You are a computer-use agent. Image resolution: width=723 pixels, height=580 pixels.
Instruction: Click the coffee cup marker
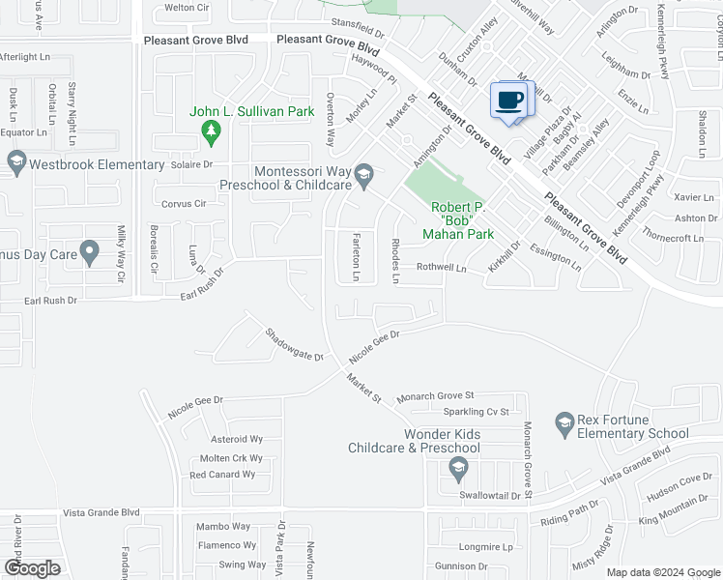[x=509, y=100]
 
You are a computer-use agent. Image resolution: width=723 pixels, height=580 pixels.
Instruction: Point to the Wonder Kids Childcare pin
[x=458, y=469]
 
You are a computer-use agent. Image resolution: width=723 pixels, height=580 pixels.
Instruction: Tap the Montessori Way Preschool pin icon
[x=364, y=174]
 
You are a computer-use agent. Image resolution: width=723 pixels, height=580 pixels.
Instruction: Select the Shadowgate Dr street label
[x=294, y=344]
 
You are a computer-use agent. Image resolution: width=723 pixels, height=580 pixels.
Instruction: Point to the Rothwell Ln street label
[x=442, y=267]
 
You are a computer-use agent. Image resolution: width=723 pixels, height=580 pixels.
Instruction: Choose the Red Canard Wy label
[x=222, y=475]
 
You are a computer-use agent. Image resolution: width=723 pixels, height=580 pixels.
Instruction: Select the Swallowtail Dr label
[x=490, y=495]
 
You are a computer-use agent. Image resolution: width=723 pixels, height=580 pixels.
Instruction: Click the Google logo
[x=32, y=568]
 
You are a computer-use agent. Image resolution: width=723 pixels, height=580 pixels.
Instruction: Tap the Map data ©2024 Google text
[x=662, y=572]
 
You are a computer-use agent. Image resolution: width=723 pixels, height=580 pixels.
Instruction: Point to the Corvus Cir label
[x=185, y=204]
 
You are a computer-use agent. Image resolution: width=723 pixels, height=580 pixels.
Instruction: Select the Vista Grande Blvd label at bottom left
[x=101, y=512]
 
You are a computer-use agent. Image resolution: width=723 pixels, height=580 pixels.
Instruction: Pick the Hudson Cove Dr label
[x=680, y=485]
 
